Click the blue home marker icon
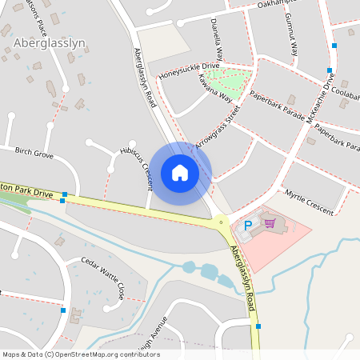pos(180,173)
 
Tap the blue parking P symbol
pos(247,226)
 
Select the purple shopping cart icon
pos(270,224)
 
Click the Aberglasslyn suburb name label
pos(50,43)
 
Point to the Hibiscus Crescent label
pos(135,167)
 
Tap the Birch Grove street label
pos(34,153)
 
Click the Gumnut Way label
pos(294,38)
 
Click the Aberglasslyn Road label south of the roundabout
pos(244,269)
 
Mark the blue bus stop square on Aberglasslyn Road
pos(258,326)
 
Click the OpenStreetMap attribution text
pos(81,354)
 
